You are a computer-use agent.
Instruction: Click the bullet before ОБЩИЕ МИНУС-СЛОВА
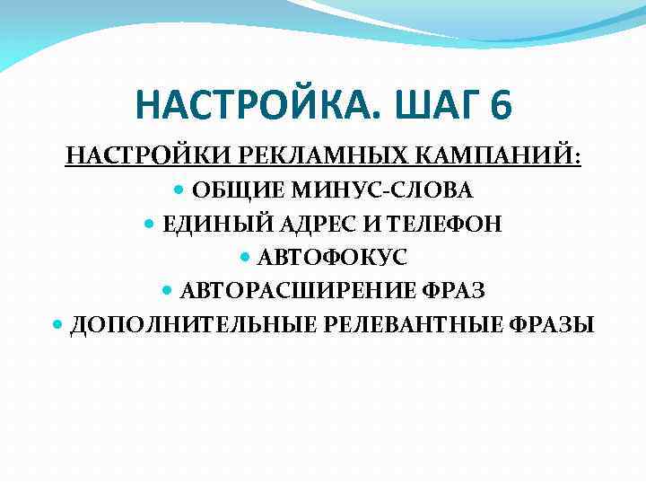(178, 190)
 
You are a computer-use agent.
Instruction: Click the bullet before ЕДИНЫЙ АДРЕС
(149, 224)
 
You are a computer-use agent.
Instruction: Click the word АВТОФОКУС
(333, 257)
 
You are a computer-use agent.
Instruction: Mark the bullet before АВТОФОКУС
(247, 257)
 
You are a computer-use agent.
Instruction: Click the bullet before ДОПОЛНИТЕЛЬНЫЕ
(57, 324)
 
